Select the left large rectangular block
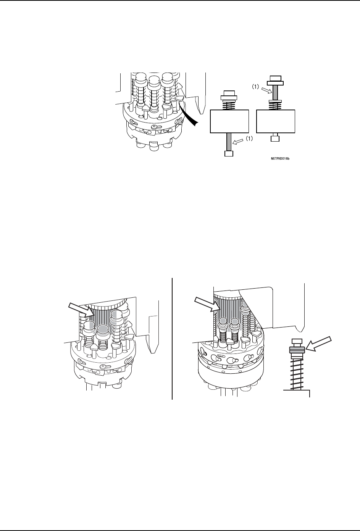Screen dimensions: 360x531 [x=229, y=121]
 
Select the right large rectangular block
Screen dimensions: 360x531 [x=276, y=121]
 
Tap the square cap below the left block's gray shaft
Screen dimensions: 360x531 [x=229, y=153]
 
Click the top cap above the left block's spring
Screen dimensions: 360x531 [x=229, y=93]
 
